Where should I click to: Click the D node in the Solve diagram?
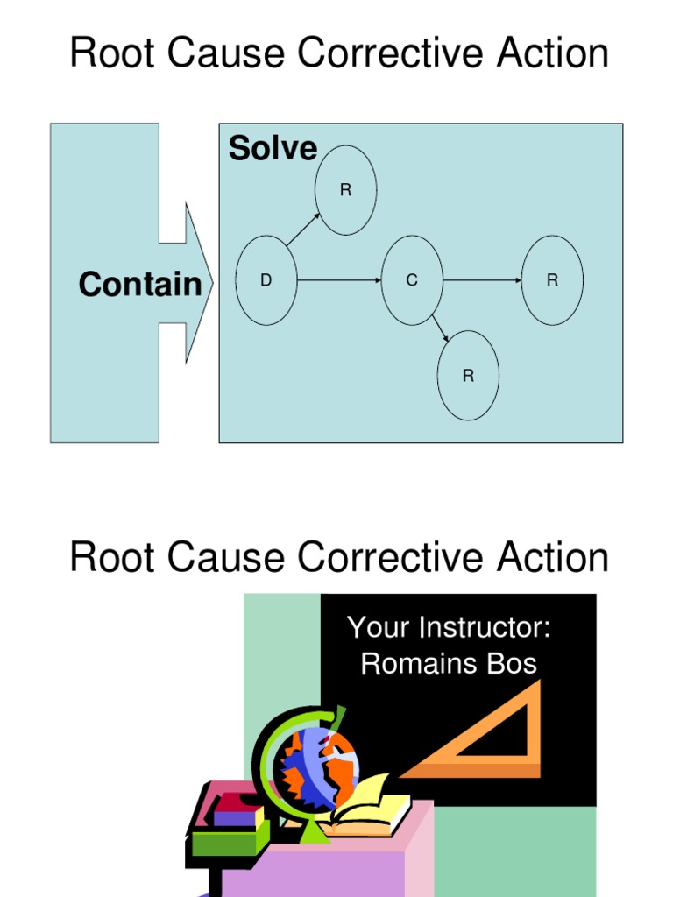coord(266,280)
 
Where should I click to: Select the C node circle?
coord(412,280)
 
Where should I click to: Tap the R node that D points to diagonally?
coord(346,190)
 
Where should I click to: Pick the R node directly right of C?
coord(552,280)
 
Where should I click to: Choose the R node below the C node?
coord(468,376)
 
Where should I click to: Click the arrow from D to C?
coord(339,280)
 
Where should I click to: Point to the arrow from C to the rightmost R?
coord(482,280)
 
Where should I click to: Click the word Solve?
coord(273,149)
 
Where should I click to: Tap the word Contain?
coord(139,285)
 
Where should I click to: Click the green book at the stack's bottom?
coord(224,842)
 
